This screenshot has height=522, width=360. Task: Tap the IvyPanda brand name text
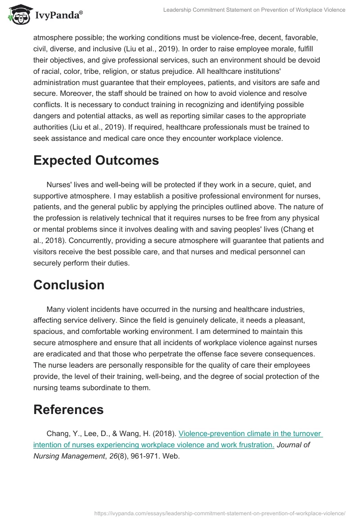pyautogui.click(x=58, y=15)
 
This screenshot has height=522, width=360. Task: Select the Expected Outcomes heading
pyautogui.click(x=96, y=160)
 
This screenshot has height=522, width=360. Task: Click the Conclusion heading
pyautogui.click(x=69, y=285)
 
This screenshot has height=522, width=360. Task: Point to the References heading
pyautogui.click(x=68, y=409)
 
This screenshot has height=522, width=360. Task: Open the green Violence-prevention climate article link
pyautogui.click(x=250, y=434)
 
